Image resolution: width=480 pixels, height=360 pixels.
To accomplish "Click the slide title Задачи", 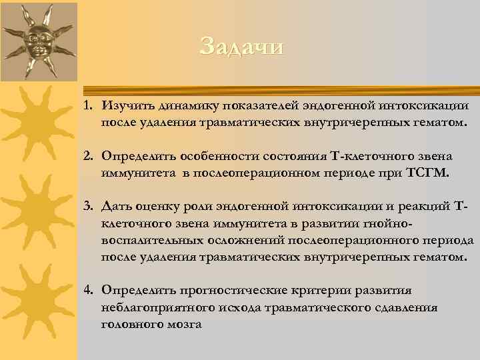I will [x=241, y=47].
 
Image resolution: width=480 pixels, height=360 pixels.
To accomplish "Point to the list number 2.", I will [x=87, y=155].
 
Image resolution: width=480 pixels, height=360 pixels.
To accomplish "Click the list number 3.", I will [x=87, y=205].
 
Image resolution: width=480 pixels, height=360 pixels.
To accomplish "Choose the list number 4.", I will [x=87, y=290].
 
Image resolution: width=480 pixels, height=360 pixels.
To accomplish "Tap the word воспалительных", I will [x=146, y=240].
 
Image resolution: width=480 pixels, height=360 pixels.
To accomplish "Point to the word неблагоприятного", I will [x=151, y=307].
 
